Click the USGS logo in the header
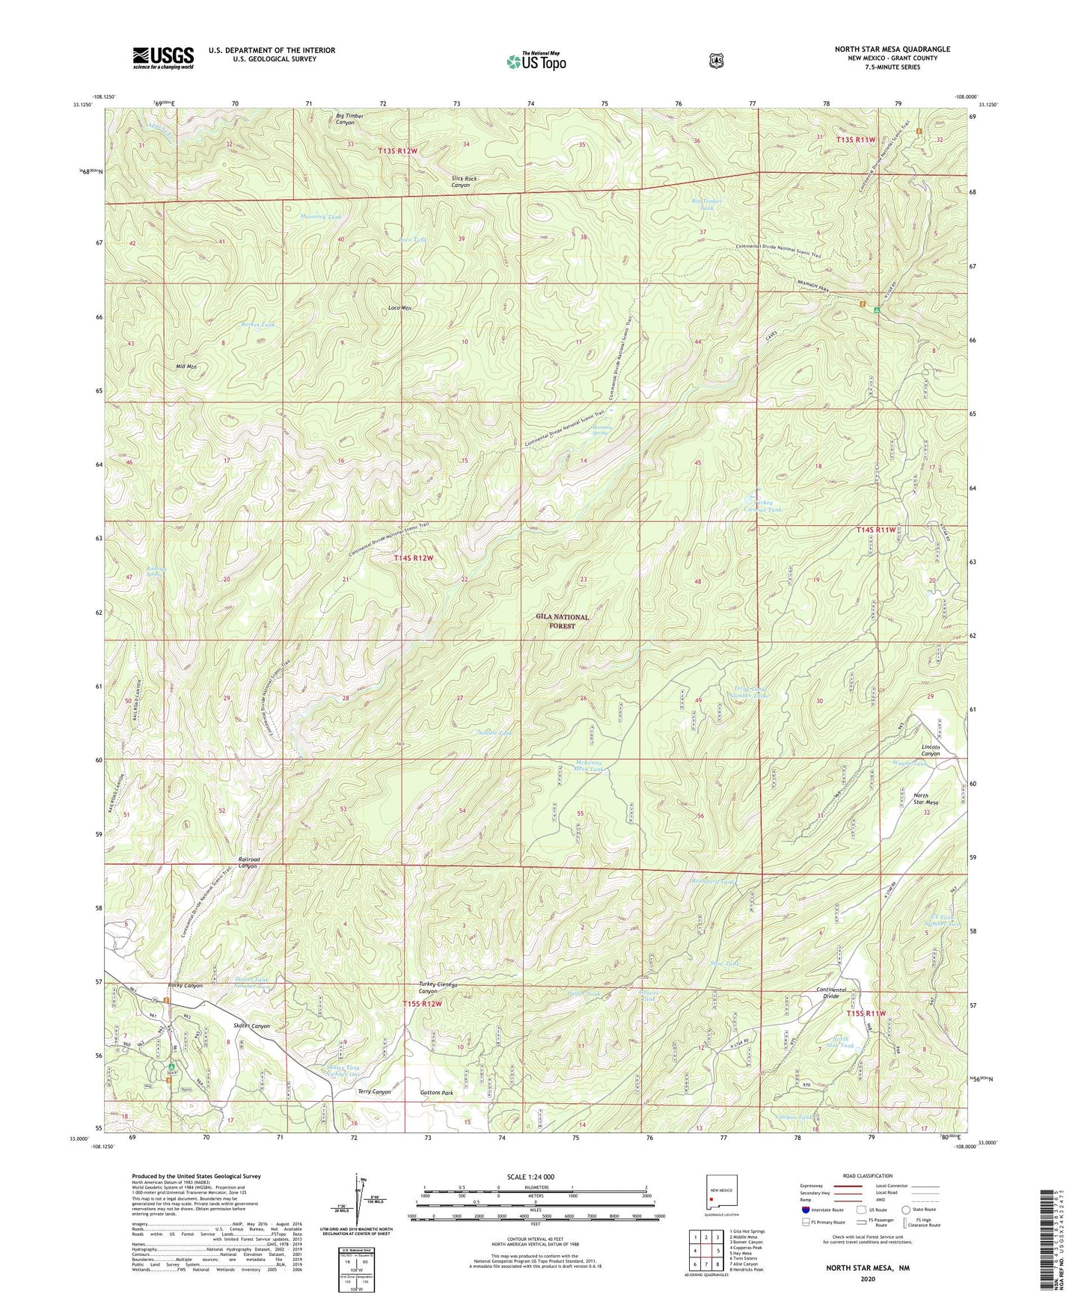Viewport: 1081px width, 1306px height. [163, 57]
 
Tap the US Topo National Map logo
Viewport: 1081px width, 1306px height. [536, 61]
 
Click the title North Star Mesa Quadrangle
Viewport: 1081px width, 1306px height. [892, 49]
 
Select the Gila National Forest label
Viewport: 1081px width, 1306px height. [562, 621]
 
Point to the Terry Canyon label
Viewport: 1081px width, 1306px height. [374, 1092]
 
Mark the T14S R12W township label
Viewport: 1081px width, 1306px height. [414, 558]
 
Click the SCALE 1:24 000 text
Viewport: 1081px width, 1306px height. [530, 1177]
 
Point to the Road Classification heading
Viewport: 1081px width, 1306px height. [867, 1176]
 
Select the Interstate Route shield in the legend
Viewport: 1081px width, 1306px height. [805, 1210]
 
